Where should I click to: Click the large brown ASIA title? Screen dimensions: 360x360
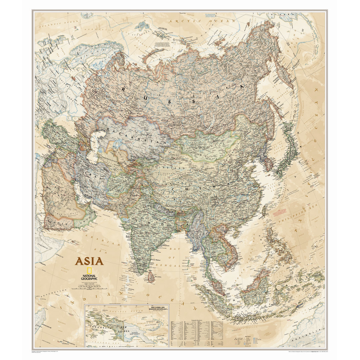(x=89, y=261)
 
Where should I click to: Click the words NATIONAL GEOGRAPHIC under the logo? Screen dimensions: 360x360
(x=89, y=277)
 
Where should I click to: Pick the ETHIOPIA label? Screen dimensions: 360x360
(x=42, y=247)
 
